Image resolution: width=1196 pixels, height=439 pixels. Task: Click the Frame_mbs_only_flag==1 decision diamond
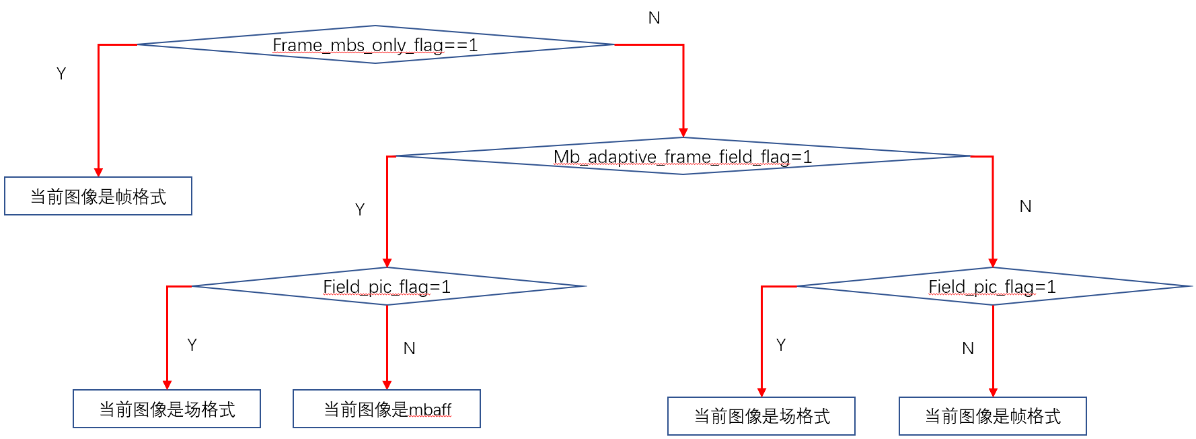coord(375,45)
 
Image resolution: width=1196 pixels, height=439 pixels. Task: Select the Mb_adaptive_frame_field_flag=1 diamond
coord(682,156)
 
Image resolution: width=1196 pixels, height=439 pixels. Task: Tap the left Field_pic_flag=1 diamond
coord(387,287)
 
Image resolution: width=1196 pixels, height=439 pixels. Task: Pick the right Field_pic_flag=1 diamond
coord(992,287)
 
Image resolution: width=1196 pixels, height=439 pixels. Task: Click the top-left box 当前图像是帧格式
coord(98,197)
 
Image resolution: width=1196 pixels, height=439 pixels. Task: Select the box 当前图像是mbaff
coord(387,409)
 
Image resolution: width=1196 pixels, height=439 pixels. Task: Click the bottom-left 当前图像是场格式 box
coord(167,409)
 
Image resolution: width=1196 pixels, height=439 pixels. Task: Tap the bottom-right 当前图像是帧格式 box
coord(992,417)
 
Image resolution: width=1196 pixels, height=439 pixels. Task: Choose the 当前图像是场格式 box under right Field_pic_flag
coord(761,417)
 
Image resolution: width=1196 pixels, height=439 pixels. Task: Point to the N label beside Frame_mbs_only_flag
coord(654,18)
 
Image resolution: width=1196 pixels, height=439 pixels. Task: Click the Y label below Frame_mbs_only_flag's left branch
coord(61,73)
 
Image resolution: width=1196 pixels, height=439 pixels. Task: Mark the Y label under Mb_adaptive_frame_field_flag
coord(360,209)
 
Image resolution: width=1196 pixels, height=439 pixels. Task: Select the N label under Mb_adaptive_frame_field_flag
coord(1025,207)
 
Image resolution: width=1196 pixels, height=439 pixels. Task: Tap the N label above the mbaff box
coord(409,348)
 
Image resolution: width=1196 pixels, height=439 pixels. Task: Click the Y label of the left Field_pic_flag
coord(192,345)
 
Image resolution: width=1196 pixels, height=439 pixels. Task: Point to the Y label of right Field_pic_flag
coord(781,345)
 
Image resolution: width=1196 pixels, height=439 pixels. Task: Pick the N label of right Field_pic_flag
coord(968,348)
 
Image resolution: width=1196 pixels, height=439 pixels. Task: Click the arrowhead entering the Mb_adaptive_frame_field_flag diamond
coord(683,133)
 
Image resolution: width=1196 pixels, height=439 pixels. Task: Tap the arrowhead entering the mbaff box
coord(387,385)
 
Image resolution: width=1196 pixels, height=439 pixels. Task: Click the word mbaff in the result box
coord(430,409)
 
